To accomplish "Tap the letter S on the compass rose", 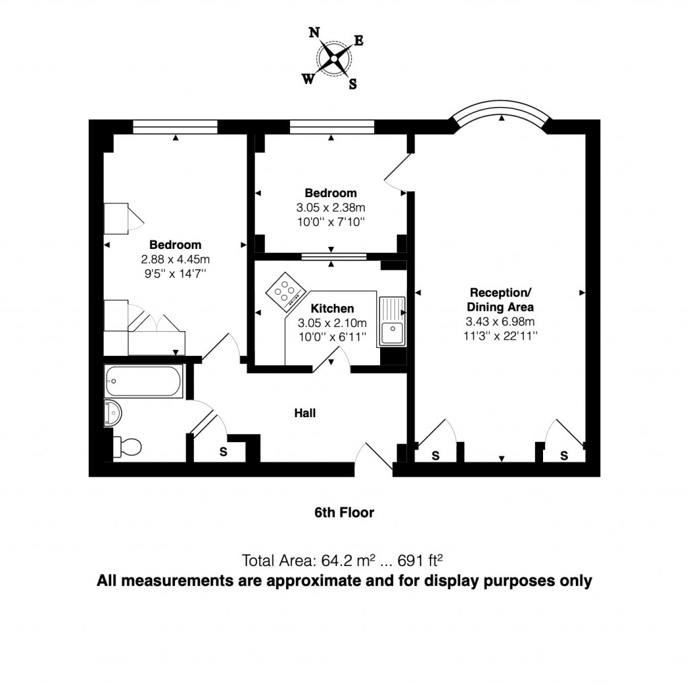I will pyautogui.click(x=352, y=84).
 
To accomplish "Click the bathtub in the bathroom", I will pyautogui.click(x=143, y=381).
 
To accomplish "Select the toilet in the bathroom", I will pyautogui.click(x=127, y=445).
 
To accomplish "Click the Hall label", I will pyautogui.click(x=305, y=413).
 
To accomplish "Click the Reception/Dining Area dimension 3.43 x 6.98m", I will pyautogui.click(x=501, y=321).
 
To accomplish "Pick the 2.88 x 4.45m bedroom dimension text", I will pyautogui.click(x=175, y=259).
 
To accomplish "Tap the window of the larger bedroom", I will pyautogui.click(x=175, y=125).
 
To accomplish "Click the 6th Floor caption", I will pyautogui.click(x=344, y=513).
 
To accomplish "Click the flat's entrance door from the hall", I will pyautogui.click(x=374, y=459).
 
